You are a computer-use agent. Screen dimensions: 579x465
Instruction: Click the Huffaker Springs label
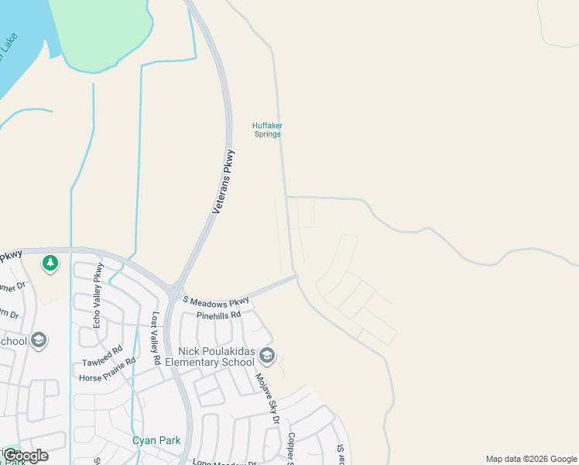click(x=266, y=129)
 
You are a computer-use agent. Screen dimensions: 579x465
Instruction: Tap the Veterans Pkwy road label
click(x=224, y=181)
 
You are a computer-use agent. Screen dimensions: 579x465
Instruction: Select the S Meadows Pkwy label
click(x=216, y=300)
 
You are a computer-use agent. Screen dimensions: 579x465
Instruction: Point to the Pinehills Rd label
click(x=219, y=315)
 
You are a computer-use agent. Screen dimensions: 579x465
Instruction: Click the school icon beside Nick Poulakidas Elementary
click(x=267, y=356)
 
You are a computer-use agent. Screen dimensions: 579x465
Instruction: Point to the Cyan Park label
click(x=156, y=440)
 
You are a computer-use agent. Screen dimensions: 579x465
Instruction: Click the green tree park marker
click(x=50, y=263)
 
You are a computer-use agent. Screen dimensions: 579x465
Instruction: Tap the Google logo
click(x=25, y=456)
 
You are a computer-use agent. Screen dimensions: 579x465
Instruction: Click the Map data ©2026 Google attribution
click(x=530, y=459)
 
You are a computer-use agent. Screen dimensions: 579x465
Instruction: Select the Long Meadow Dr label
click(x=224, y=463)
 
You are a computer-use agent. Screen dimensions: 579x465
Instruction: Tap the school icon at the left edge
click(x=39, y=340)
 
